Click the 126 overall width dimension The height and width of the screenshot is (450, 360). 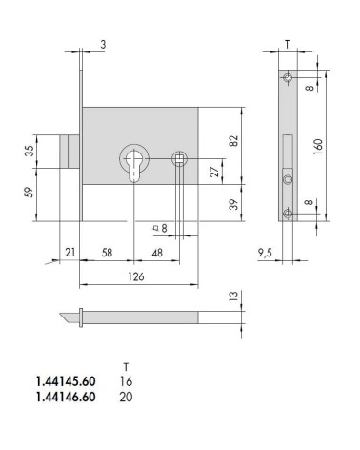136,276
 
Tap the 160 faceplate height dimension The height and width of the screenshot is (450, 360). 318,147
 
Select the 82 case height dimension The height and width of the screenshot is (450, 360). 233,141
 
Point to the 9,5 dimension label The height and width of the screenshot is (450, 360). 265,253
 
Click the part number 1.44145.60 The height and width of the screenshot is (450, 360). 66,381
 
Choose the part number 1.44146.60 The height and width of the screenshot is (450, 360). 66,397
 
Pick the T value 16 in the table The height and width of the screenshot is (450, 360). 126,381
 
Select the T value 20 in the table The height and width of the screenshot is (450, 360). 126,397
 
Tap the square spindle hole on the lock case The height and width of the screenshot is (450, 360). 179,158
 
